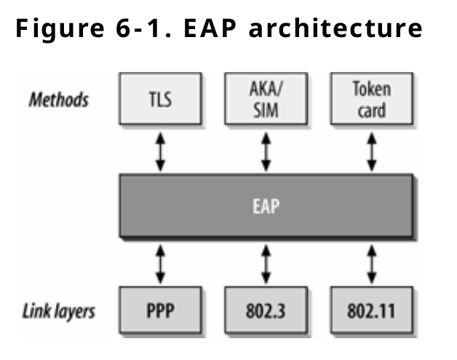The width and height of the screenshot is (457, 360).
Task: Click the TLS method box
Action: (x=160, y=100)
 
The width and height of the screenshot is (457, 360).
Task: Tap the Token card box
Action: (x=371, y=100)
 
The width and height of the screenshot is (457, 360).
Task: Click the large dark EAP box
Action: (x=266, y=206)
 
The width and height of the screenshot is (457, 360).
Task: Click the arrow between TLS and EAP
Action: (x=160, y=152)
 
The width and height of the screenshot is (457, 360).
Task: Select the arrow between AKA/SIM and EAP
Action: (x=266, y=152)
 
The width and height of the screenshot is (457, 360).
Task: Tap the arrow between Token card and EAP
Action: (x=373, y=152)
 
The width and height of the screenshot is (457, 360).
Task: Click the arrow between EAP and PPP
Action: (x=160, y=263)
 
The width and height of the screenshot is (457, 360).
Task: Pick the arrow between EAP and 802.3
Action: (x=266, y=263)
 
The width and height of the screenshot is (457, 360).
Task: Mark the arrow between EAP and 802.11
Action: (x=373, y=263)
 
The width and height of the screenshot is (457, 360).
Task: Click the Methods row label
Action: (x=58, y=98)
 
